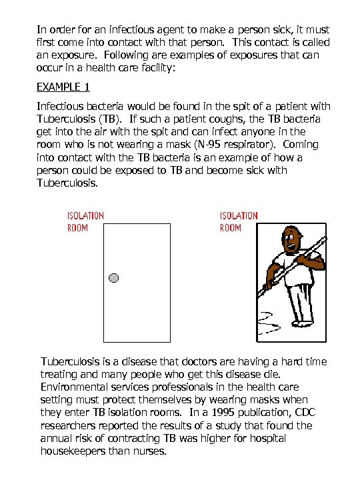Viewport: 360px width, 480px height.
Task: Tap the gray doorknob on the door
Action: (113, 277)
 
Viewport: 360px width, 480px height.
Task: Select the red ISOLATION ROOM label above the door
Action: (85, 221)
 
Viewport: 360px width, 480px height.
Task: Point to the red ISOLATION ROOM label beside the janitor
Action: (239, 221)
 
